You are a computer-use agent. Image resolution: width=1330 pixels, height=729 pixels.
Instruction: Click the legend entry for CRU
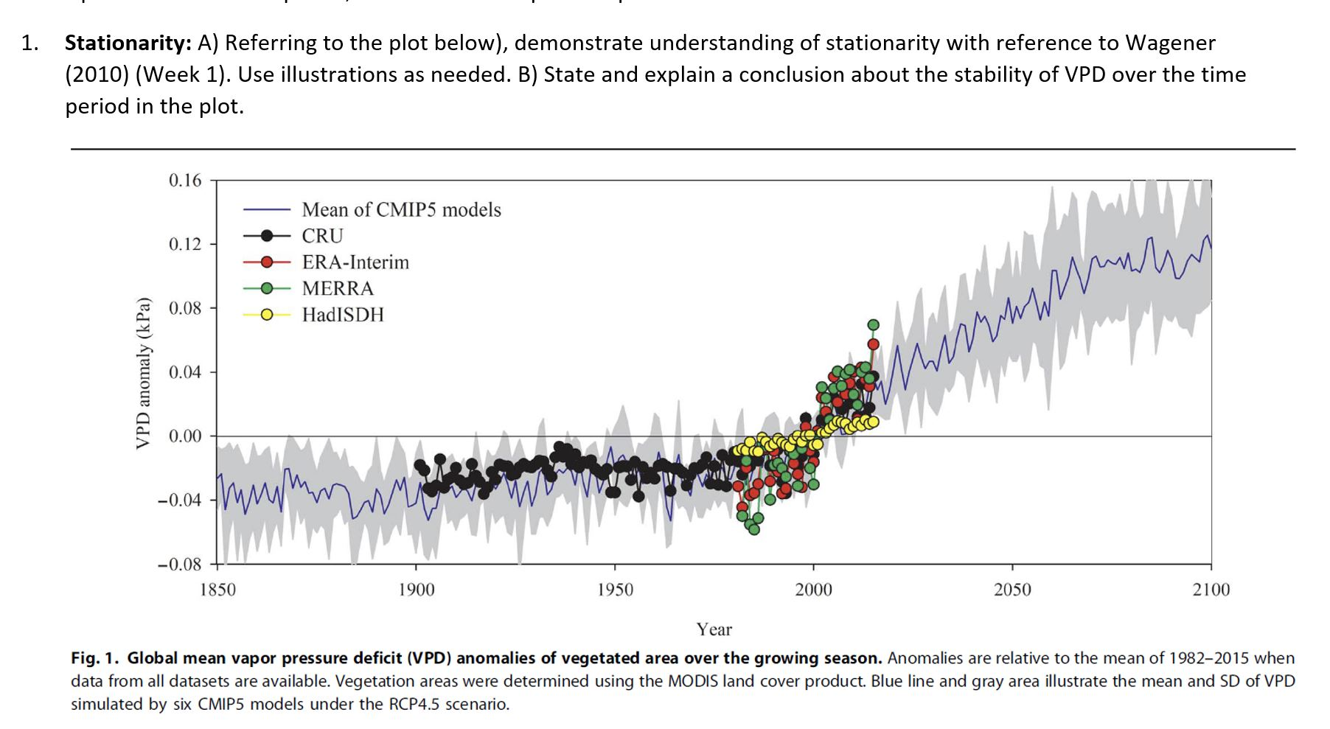pos(322,236)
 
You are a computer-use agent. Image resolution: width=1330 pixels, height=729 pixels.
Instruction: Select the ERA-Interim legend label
pos(355,262)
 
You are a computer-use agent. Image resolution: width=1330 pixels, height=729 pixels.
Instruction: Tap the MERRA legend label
pos(338,288)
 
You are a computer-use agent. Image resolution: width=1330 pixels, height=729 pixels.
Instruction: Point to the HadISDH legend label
pos(343,315)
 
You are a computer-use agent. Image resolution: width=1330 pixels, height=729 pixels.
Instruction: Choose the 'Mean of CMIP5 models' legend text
pos(401,210)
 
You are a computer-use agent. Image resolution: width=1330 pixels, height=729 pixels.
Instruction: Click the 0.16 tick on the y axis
pos(184,181)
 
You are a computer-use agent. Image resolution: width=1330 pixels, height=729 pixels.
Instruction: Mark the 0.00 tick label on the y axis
pos(184,436)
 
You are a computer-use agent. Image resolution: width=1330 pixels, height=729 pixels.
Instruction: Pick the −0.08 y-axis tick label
pos(179,565)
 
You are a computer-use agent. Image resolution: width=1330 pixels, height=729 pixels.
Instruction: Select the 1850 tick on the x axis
pos(217,590)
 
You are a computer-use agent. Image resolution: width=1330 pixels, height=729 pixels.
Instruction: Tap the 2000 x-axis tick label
pos(813,590)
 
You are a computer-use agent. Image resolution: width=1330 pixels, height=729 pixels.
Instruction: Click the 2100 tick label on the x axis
pos(1211,590)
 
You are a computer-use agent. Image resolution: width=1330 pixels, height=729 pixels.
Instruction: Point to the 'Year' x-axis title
pos(714,629)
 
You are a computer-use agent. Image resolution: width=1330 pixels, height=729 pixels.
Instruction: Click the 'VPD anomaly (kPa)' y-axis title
pos(144,373)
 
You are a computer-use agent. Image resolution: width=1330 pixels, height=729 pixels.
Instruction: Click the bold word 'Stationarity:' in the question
pos(128,43)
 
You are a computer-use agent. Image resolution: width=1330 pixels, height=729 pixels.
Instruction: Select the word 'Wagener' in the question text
pos(1169,43)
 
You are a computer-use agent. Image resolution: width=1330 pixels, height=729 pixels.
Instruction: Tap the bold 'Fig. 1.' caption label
pos(95,658)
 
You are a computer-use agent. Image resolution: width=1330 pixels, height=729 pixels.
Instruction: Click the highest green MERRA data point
pos(873,325)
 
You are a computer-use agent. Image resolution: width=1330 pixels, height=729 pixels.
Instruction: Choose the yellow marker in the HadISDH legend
pos(266,315)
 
